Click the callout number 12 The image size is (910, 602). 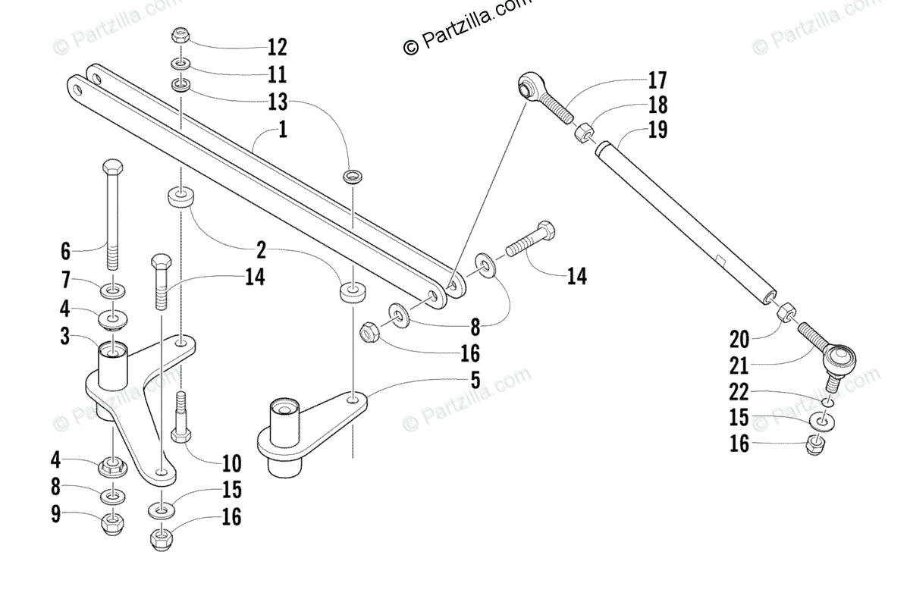pos(277,48)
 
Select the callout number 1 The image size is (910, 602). pos(283,130)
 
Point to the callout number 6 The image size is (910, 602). pos(65,251)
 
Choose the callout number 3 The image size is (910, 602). pos(65,335)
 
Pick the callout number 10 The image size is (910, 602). pos(231,462)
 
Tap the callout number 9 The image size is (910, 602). pos(55,514)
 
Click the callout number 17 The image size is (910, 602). pos(657,80)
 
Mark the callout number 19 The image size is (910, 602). pos(657,130)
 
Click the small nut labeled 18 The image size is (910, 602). pos(585,133)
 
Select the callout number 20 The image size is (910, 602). pos(739,339)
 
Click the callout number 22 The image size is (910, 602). pos(739,392)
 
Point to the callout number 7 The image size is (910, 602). pos(65,281)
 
